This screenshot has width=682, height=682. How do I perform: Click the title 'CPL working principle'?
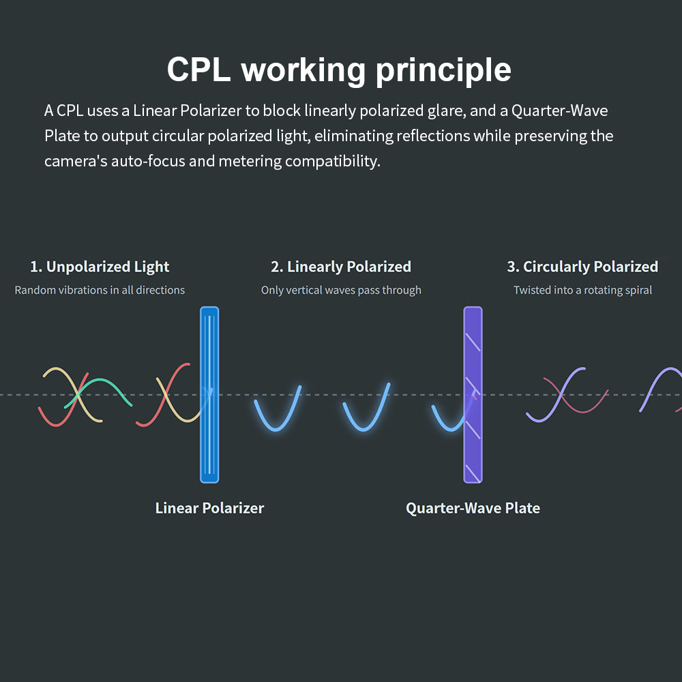[x=339, y=70]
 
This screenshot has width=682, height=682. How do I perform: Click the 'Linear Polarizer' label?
[x=209, y=508]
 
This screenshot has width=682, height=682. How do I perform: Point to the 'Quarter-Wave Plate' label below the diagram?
[x=473, y=508]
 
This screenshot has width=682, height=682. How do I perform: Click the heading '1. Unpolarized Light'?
[x=100, y=267]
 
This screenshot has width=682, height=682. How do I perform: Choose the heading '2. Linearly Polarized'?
[x=341, y=267]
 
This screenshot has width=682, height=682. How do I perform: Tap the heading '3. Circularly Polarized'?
[x=582, y=267]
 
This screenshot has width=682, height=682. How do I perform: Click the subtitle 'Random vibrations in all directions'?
[x=100, y=290]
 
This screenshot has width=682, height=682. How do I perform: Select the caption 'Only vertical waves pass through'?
[x=341, y=290]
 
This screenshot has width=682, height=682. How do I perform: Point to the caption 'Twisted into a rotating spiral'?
[x=582, y=290]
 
